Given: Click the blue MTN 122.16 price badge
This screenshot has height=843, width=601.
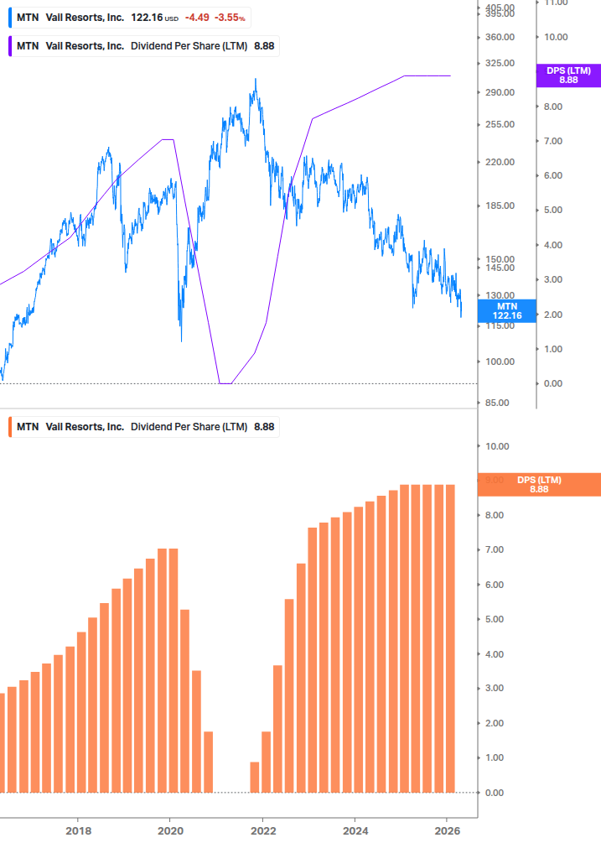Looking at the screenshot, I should point(506,311).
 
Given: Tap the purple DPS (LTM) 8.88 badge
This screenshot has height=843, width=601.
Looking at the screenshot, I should point(567,75).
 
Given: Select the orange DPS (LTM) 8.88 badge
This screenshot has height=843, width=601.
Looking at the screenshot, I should point(538,485).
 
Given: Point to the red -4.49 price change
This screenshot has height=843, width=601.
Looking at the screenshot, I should point(199,18).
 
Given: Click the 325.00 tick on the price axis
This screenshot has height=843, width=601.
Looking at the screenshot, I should point(499,64).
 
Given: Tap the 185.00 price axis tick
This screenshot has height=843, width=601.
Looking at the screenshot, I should point(499,206).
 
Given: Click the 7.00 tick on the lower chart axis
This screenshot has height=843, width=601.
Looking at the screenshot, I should point(496,549).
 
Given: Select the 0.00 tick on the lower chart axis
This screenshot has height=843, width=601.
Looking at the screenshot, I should point(496,793).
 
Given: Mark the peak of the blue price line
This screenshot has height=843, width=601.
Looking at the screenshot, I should point(256,80).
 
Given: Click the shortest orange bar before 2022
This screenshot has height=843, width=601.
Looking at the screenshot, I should point(255,777).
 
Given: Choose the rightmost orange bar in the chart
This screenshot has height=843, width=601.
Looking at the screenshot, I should point(449,637).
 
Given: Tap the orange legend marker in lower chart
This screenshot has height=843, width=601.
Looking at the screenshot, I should point(9,427).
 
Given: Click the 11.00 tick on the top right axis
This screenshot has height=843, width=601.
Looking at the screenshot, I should point(556,3).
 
